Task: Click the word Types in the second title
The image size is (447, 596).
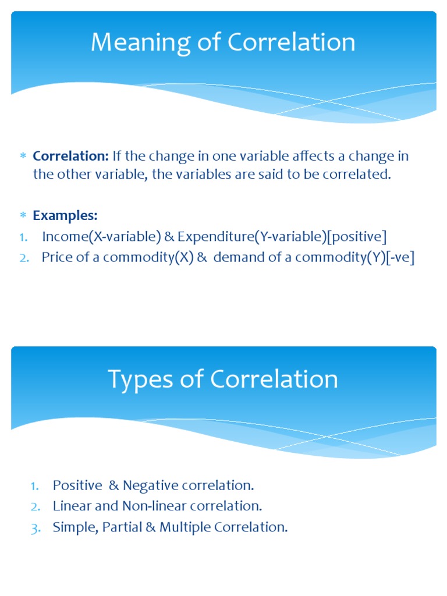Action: (x=141, y=379)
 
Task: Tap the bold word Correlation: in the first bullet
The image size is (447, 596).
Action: (x=71, y=157)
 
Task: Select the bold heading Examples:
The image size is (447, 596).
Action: (x=65, y=215)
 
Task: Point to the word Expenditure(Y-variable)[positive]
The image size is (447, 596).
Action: (x=282, y=237)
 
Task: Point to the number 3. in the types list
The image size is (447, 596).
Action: (x=36, y=527)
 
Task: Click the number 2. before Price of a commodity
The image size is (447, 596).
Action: (x=24, y=258)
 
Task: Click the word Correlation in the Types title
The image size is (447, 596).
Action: (x=275, y=379)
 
